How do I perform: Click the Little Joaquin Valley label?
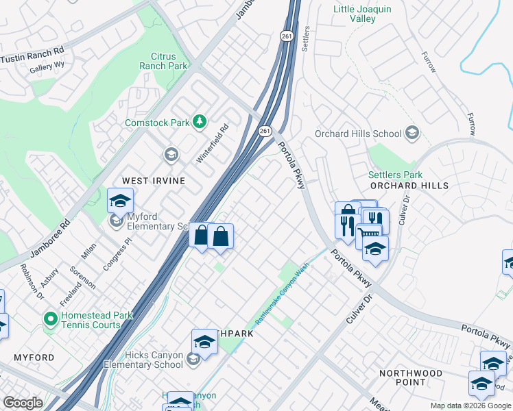pos(363,14)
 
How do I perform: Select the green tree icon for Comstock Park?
pos(200,122)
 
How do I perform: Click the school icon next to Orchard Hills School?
pos(412,132)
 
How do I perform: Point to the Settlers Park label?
pos(395,175)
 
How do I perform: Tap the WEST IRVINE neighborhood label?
pos(153,180)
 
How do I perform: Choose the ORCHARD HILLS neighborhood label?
pos(409,186)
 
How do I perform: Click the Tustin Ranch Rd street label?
pos(32,54)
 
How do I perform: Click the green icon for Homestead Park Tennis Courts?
pos(49,319)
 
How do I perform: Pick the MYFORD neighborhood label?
pos(34,358)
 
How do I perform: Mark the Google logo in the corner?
pos(23,403)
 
